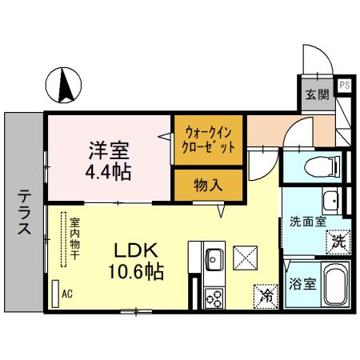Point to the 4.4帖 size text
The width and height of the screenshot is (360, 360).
tap(110, 171)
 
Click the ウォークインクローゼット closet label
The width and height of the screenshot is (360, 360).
tap(210, 141)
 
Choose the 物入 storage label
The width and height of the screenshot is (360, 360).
tap(209, 185)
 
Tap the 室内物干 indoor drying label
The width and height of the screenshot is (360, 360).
tap(74, 238)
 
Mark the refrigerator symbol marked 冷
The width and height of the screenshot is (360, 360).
tap(266, 295)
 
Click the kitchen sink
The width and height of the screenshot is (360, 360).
tap(214, 260)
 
